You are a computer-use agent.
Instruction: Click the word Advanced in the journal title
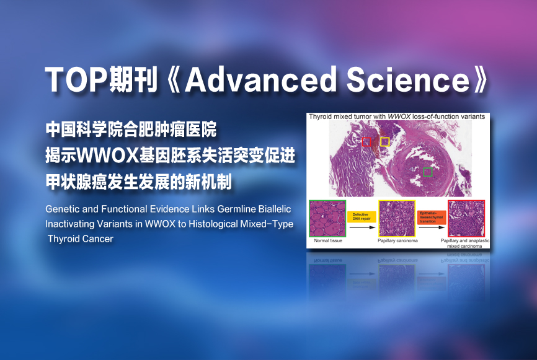tap(260, 79)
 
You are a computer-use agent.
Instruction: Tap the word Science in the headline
tap(408, 80)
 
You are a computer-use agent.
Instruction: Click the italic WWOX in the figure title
tap(399, 116)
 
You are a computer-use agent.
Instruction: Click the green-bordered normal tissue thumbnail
tap(327, 218)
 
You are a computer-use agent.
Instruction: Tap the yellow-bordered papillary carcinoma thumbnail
tap(397, 218)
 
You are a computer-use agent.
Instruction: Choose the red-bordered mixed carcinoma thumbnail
tap(466, 218)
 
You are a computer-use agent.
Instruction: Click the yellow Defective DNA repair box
tap(362, 217)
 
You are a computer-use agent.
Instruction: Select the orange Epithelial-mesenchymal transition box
tap(432, 217)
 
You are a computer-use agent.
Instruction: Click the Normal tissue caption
tap(328, 240)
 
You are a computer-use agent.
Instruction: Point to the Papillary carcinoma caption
tap(397, 240)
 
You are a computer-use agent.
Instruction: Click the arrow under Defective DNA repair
tap(363, 227)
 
